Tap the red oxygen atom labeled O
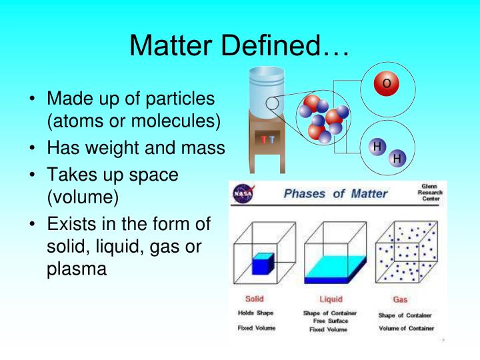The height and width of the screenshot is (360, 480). point(386,83)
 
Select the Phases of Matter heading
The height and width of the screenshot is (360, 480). point(335,194)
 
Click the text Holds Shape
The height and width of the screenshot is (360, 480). point(255,312)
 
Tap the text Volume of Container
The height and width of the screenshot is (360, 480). point(406,329)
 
